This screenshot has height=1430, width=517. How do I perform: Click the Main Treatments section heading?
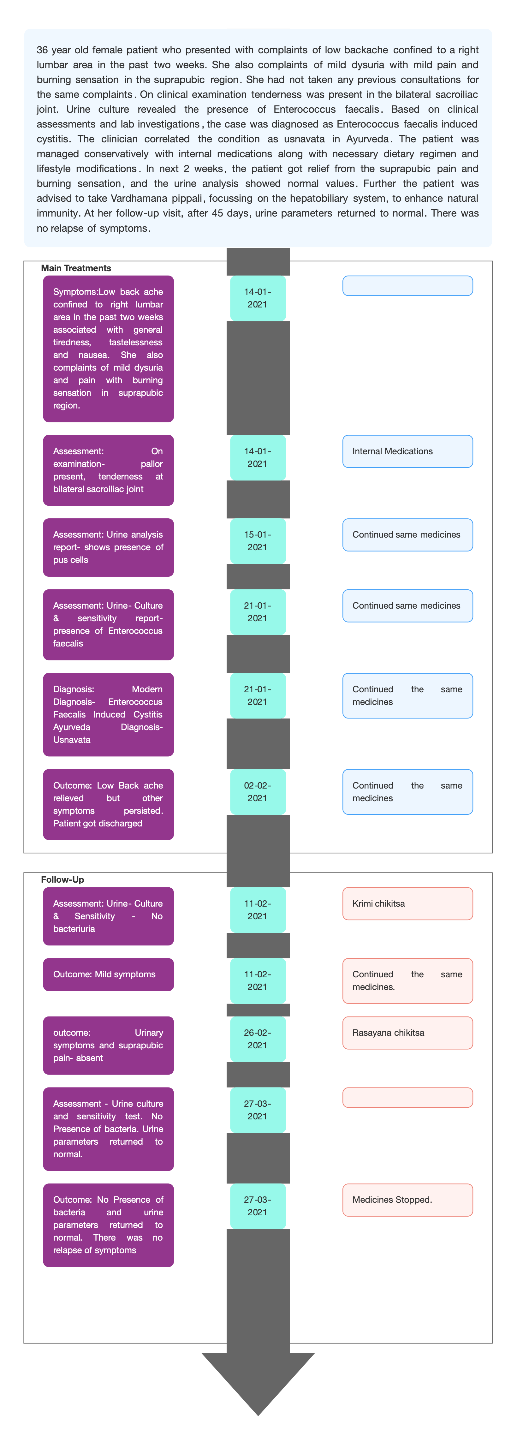click(x=76, y=268)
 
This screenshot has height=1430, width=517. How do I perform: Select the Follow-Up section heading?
click(x=63, y=879)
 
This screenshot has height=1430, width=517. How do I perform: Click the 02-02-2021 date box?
click(x=258, y=792)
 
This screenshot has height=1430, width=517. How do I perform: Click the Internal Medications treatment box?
click(x=407, y=451)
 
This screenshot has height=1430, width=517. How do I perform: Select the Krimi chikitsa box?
click(x=407, y=904)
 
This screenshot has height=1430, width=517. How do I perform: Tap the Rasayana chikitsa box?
click(x=407, y=1033)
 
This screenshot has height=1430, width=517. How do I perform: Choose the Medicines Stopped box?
click(x=407, y=1200)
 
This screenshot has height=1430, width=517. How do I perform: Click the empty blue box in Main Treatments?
click(x=407, y=286)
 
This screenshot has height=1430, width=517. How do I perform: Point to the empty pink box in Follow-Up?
click(x=407, y=1098)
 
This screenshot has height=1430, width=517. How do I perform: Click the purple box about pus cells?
click(x=108, y=547)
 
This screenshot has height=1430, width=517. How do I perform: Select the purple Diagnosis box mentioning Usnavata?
click(x=108, y=714)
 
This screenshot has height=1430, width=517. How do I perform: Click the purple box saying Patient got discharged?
click(x=108, y=804)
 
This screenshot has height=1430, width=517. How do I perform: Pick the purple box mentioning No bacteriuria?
click(x=108, y=916)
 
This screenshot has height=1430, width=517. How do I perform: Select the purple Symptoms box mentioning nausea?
click(x=108, y=349)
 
